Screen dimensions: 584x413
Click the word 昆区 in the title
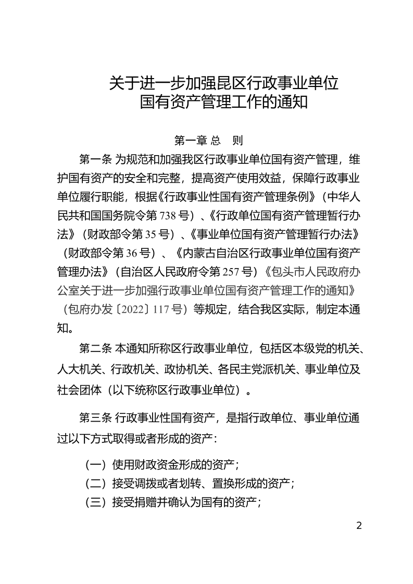pos(225,83)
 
